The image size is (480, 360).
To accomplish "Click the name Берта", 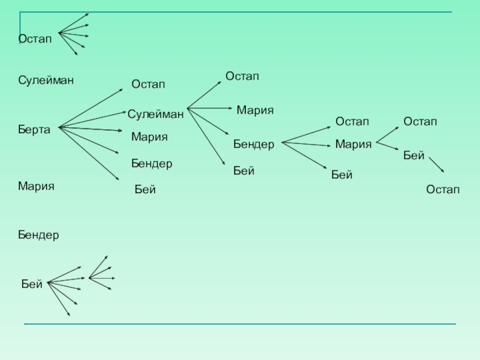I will [34, 130].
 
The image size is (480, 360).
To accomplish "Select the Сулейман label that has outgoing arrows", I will [155, 113].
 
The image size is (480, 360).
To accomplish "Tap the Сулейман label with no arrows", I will [46, 80].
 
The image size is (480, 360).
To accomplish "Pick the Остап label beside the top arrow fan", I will [35, 39].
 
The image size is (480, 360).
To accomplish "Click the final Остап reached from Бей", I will [443, 190].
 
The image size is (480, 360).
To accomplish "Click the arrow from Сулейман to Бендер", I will [208, 121].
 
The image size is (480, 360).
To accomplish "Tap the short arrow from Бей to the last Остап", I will [436, 165].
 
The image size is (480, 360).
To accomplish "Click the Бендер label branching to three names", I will [254, 145].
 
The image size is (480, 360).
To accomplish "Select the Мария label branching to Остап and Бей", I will [353, 144].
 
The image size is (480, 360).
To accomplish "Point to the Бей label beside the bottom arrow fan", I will [32, 284].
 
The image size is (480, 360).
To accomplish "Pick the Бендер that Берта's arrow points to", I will [152, 163].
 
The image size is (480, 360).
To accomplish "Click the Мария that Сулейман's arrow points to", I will [255, 110].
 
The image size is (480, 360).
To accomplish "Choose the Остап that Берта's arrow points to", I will [148, 85].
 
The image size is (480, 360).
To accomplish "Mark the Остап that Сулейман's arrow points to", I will [242, 76].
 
